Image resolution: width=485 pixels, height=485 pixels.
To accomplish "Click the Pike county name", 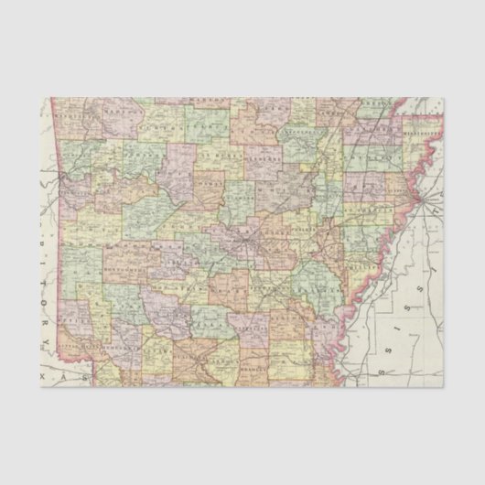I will pos(119,302).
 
